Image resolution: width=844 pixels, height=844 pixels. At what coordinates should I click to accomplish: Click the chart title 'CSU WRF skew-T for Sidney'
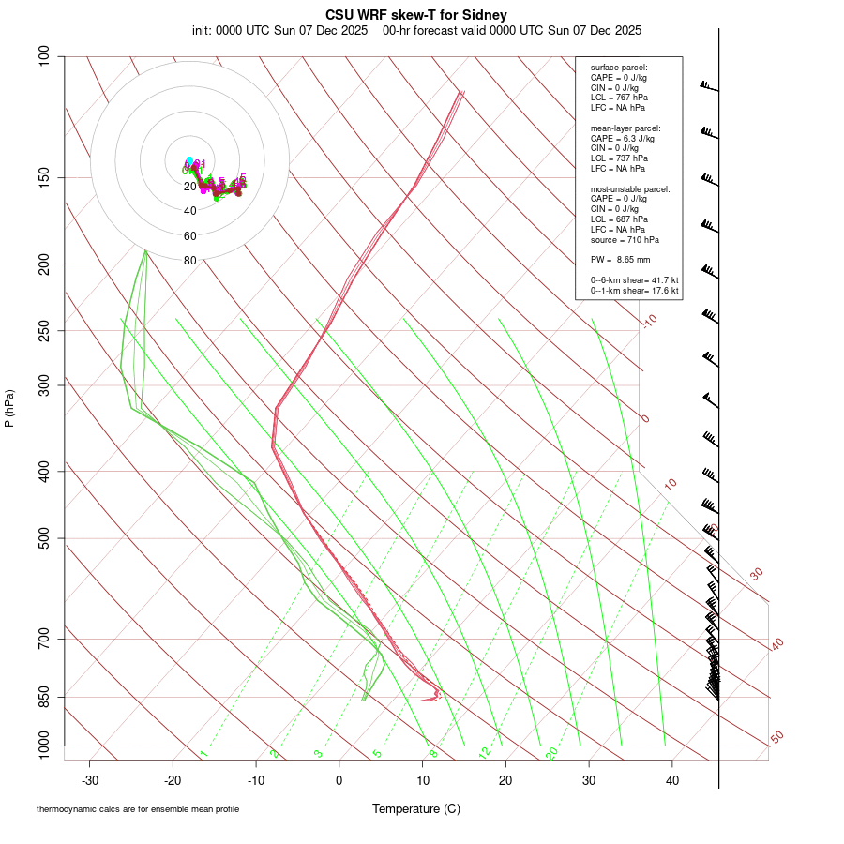point(417,15)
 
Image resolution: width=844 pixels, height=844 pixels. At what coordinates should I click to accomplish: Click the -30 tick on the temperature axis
point(90,780)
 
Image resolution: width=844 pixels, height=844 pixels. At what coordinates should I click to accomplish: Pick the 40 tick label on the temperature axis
point(671,780)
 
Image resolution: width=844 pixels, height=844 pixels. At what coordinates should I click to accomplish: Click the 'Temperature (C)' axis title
point(416,808)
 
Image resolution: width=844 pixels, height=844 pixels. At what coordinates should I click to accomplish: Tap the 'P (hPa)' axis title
point(9,408)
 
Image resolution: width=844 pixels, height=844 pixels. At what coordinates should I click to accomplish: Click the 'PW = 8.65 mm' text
point(620,259)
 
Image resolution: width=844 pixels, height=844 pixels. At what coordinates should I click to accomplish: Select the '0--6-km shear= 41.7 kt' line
point(634,280)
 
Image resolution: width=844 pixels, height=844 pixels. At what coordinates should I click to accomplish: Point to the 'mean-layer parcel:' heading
point(625,128)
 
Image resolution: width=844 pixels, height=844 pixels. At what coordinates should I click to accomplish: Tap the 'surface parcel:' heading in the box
point(619,68)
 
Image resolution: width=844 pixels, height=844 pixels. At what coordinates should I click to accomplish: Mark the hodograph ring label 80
point(190,261)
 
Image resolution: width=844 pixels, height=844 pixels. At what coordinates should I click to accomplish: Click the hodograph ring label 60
point(190,236)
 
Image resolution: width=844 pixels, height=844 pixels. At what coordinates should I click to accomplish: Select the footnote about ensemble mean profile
point(138,809)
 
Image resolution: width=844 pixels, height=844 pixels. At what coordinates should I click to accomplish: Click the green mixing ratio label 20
point(552,752)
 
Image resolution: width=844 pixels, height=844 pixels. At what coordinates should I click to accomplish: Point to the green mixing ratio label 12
point(485,752)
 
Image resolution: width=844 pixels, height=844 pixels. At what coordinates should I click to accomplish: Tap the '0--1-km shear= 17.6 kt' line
point(634,291)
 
